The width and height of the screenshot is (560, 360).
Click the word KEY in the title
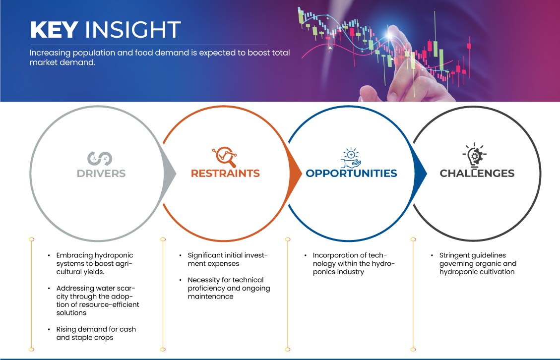(x=54, y=30)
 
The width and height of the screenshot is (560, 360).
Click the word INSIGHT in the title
(x=132, y=30)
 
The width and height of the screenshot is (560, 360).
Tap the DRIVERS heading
(x=101, y=174)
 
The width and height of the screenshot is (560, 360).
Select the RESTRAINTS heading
(x=225, y=173)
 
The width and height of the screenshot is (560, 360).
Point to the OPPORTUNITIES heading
(x=352, y=173)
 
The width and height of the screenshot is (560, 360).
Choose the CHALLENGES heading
(x=477, y=173)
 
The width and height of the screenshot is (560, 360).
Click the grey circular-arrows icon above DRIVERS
(x=100, y=159)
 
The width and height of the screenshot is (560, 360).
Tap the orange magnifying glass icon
(x=225, y=157)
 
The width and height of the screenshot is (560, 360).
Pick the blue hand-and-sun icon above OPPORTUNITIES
(x=351, y=158)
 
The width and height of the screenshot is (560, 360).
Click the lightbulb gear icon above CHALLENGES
(x=475, y=155)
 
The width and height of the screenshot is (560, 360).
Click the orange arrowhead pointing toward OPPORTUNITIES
(x=295, y=174)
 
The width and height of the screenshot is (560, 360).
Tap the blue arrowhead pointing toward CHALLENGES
(x=420, y=174)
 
